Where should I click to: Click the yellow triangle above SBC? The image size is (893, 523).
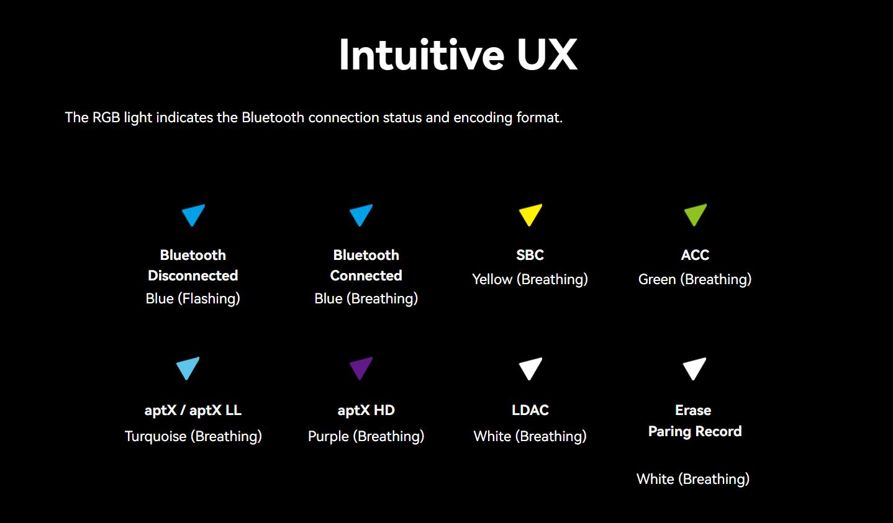click(x=530, y=213)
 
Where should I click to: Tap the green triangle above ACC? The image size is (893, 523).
click(x=696, y=213)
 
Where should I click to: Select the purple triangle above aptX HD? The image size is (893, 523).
click(x=361, y=367)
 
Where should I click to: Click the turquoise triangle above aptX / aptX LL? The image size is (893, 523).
click(x=188, y=367)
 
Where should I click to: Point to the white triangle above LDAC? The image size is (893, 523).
click(x=530, y=367)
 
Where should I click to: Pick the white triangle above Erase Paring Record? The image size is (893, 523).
click(x=694, y=367)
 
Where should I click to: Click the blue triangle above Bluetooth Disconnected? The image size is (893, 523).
click(x=193, y=213)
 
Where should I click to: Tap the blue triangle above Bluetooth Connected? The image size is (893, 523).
click(x=361, y=213)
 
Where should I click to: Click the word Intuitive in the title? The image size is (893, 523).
click(x=422, y=55)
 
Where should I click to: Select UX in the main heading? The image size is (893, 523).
click(x=547, y=55)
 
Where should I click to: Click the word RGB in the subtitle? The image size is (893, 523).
click(x=106, y=117)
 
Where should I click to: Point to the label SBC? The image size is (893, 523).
click(x=530, y=255)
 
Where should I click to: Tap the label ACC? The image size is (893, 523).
click(x=696, y=255)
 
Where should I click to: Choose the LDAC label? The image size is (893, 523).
click(x=530, y=410)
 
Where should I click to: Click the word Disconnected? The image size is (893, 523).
click(x=193, y=275)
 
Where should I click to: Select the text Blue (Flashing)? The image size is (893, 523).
click(x=193, y=298)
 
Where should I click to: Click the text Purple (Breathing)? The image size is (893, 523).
click(x=366, y=436)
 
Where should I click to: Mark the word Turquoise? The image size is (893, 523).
click(x=155, y=436)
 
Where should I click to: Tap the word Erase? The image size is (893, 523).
click(x=693, y=410)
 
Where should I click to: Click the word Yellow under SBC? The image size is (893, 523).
click(x=492, y=279)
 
